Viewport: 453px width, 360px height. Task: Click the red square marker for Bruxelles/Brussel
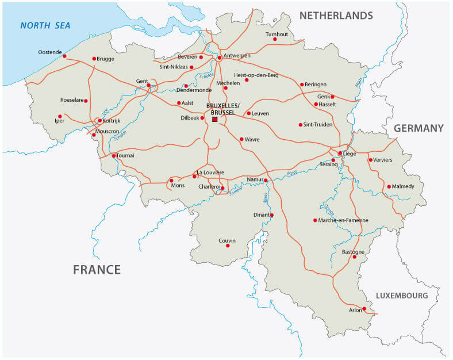pyautogui.click(x=215, y=119)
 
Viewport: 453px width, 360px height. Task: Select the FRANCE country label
pyautogui.click(x=97, y=270)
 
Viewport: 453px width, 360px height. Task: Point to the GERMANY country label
pyautogui.click(x=419, y=128)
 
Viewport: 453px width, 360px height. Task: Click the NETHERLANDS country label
pyautogui.click(x=336, y=16)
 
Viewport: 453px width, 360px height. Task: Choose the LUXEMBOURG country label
pyautogui.click(x=402, y=296)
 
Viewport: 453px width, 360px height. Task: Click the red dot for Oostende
pyautogui.click(x=64, y=56)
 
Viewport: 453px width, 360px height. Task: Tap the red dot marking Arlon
pyautogui.click(x=365, y=309)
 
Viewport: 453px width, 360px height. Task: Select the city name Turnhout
pyautogui.click(x=277, y=34)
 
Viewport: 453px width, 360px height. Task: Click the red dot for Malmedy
pyautogui.click(x=389, y=186)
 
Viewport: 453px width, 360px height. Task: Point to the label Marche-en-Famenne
pyautogui.click(x=344, y=220)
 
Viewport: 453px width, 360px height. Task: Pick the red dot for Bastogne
pyautogui.click(x=355, y=257)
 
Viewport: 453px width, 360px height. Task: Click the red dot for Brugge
pyautogui.click(x=94, y=58)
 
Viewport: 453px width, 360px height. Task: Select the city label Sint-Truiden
pyautogui.click(x=318, y=124)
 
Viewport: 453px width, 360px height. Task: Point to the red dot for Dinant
pyautogui.click(x=272, y=215)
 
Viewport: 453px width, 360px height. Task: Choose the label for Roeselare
pyautogui.click(x=72, y=100)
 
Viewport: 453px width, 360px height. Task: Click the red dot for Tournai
pyautogui.click(x=114, y=155)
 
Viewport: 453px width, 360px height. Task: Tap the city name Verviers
pyautogui.click(x=383, y=159)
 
